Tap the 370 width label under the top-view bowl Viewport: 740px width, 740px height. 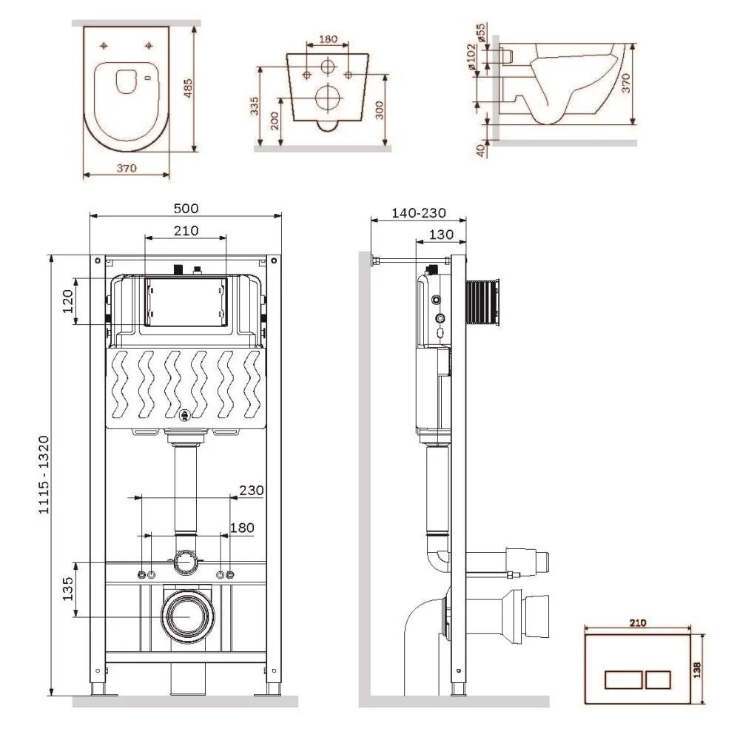pyautogui.click(x=127, y=168)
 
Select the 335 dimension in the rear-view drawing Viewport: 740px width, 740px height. pyautogui.click(x=255, y=107)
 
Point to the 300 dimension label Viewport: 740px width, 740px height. pyautogui.click(x=378, y=110)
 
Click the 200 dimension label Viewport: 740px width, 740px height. pyautogui.click(x=275, y=121)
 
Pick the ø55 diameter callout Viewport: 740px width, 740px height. pyautogui.click(x=480, y=33)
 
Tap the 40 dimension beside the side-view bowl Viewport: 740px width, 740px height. pyautogui.click(x=480, y=149)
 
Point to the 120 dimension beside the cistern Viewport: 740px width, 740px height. pyautogui.click(x=67, y=301)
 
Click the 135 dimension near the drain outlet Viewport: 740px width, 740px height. pyautogui.click(x=67, y=588)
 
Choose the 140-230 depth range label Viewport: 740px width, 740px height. pyautogui.click(x=419, y=212)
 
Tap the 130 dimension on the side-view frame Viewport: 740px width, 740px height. pyautogui.click(x=441, y=234)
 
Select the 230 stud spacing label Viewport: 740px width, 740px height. pyautogui.click(x=252, y=490)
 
